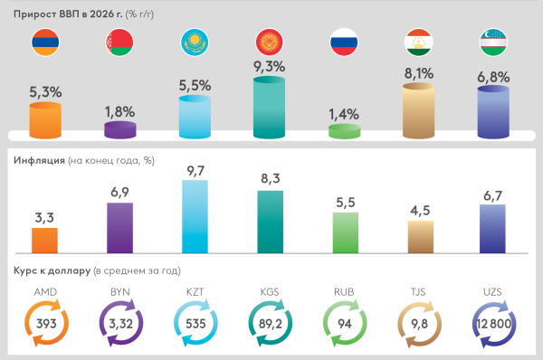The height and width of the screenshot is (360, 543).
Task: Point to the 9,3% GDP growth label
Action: (x=270, y=66)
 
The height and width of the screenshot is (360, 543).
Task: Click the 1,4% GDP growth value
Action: (x=344, y=114)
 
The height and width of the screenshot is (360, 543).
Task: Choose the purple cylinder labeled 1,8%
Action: (x=120, y=130)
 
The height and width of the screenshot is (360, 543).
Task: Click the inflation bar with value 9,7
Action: (x=195, y=217)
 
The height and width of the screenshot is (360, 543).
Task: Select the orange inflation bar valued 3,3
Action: (x=45, y=241)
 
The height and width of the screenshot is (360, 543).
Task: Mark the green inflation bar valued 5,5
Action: (x=344, y=232)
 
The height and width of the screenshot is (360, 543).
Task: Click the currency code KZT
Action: (x=195, y=291)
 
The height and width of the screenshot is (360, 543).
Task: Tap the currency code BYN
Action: (x=120, y=291)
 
